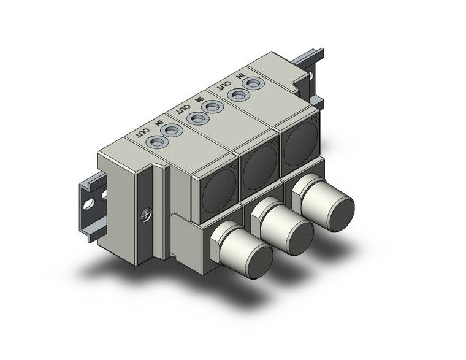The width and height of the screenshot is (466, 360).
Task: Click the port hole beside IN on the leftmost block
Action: tap(173, 130)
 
